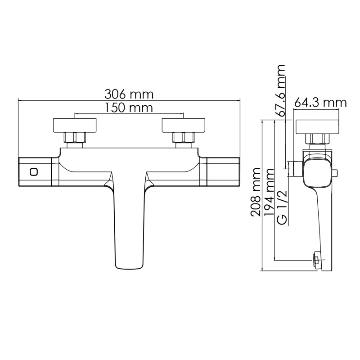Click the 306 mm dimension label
[x=129, y=94]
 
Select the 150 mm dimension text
[x=129, y=108]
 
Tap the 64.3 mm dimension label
[x=320, y=103]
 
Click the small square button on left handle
[x=33, y=172]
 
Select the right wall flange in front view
[x=184, y=126]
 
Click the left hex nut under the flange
[x=75, y=138]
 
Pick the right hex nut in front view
[x=183, y=138]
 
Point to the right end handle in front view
[x=223, y=172]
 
